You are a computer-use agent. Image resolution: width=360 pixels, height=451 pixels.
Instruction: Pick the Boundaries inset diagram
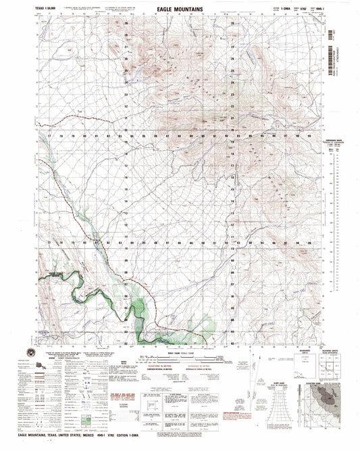pos(282,369)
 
